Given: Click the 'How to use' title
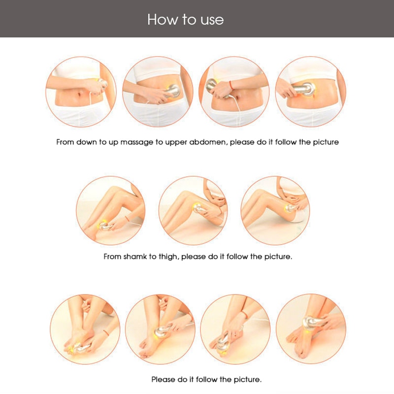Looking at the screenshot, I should click(185, 19).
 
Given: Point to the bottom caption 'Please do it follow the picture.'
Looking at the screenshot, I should click(206, 380).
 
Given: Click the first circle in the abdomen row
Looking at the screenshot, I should click(81, 92).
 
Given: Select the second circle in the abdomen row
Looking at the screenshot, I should click(157, 92).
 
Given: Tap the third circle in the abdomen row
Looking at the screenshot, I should click(233, 92).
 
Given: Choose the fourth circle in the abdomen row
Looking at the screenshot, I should click(310, 92).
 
